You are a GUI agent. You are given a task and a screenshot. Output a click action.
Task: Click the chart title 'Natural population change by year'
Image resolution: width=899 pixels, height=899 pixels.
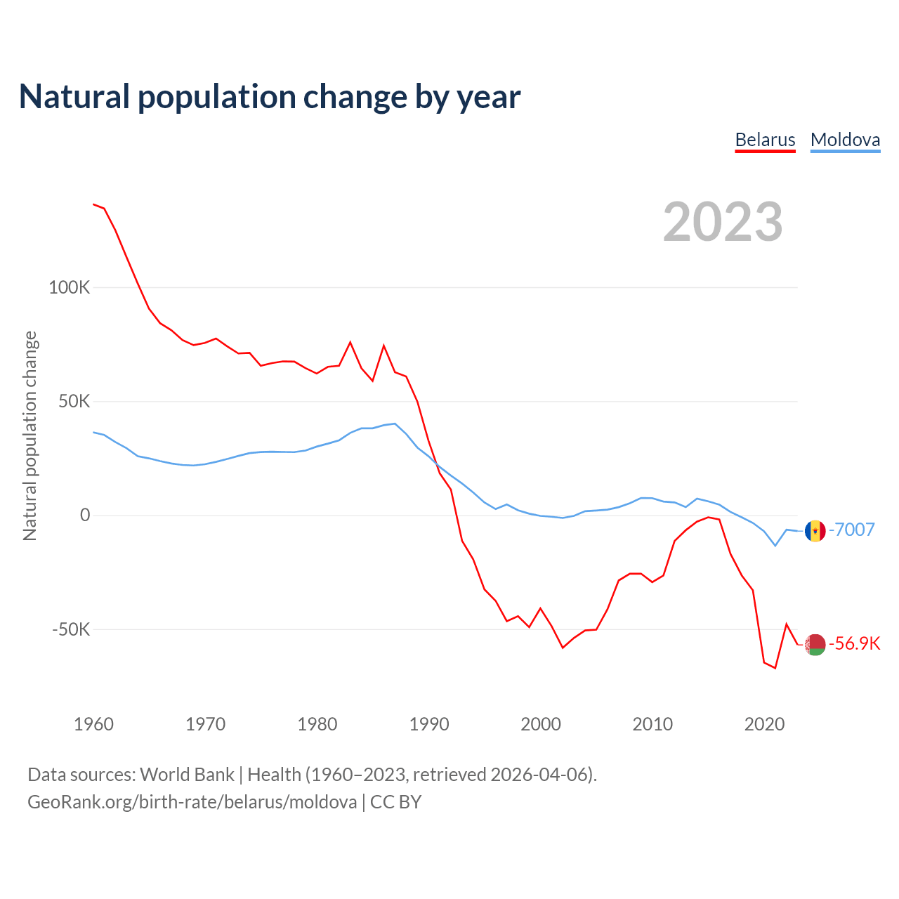tap(270, 97)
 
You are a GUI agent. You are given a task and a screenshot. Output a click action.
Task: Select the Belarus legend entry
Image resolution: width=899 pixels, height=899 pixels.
tap(765, 140)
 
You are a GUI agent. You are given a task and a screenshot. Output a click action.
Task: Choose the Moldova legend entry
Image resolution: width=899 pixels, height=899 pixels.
tap(845, 140)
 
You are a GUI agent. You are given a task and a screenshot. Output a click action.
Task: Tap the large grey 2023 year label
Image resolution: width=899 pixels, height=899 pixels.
tap(723, 222)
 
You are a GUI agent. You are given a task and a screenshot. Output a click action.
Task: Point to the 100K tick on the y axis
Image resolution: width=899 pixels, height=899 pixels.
tap(70, 288)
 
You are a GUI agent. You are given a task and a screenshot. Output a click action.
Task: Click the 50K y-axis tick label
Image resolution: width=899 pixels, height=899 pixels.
tap(74, 402)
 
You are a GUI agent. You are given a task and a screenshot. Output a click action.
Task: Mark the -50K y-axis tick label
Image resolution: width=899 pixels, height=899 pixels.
tap(72, 629)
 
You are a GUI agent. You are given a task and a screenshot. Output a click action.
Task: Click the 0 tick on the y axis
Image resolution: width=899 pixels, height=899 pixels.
tap(85, 516)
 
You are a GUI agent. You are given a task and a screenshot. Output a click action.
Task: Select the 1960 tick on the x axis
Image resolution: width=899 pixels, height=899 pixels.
tap(93, 724)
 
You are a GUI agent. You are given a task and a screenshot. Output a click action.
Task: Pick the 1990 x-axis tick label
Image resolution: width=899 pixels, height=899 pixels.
tap(429, 724)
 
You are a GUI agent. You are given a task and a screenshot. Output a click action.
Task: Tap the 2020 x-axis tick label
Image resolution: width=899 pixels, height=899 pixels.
tap(764, 724)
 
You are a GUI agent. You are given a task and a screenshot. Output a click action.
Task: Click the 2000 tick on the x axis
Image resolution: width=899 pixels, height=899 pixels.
tap(541, 724)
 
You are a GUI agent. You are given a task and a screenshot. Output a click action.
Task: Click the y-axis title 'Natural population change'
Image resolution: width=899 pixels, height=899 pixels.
tap(30, 436)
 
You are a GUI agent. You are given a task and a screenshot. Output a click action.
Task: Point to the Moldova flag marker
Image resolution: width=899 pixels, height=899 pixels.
tap(815, 531)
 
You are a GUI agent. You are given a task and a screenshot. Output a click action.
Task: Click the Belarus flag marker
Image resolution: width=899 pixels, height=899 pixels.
tap(815, 644)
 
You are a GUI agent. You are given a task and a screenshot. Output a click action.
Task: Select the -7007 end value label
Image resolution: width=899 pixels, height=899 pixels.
tap(852, 530)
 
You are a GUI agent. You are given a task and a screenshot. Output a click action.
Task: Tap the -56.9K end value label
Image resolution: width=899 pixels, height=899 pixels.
tap(854, 643)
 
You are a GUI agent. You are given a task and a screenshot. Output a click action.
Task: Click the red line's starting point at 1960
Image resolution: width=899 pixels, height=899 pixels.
tap(94, 204)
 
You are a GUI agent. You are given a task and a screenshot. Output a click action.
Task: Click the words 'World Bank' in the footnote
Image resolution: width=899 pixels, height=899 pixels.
tap(187, 775)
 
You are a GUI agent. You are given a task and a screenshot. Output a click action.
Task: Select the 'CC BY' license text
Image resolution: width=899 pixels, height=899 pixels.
tap(395, 802)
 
